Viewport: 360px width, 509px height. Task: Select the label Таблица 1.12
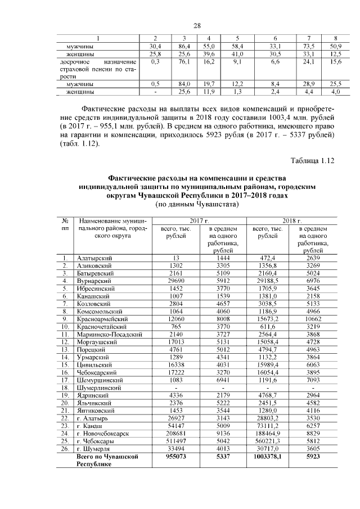click(x=312, y=160)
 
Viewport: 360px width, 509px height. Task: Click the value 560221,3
click(x=267, y=442)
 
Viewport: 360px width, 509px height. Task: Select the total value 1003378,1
click(x=267, y=457)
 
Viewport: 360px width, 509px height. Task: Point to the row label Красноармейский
click(x=101, y=318)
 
